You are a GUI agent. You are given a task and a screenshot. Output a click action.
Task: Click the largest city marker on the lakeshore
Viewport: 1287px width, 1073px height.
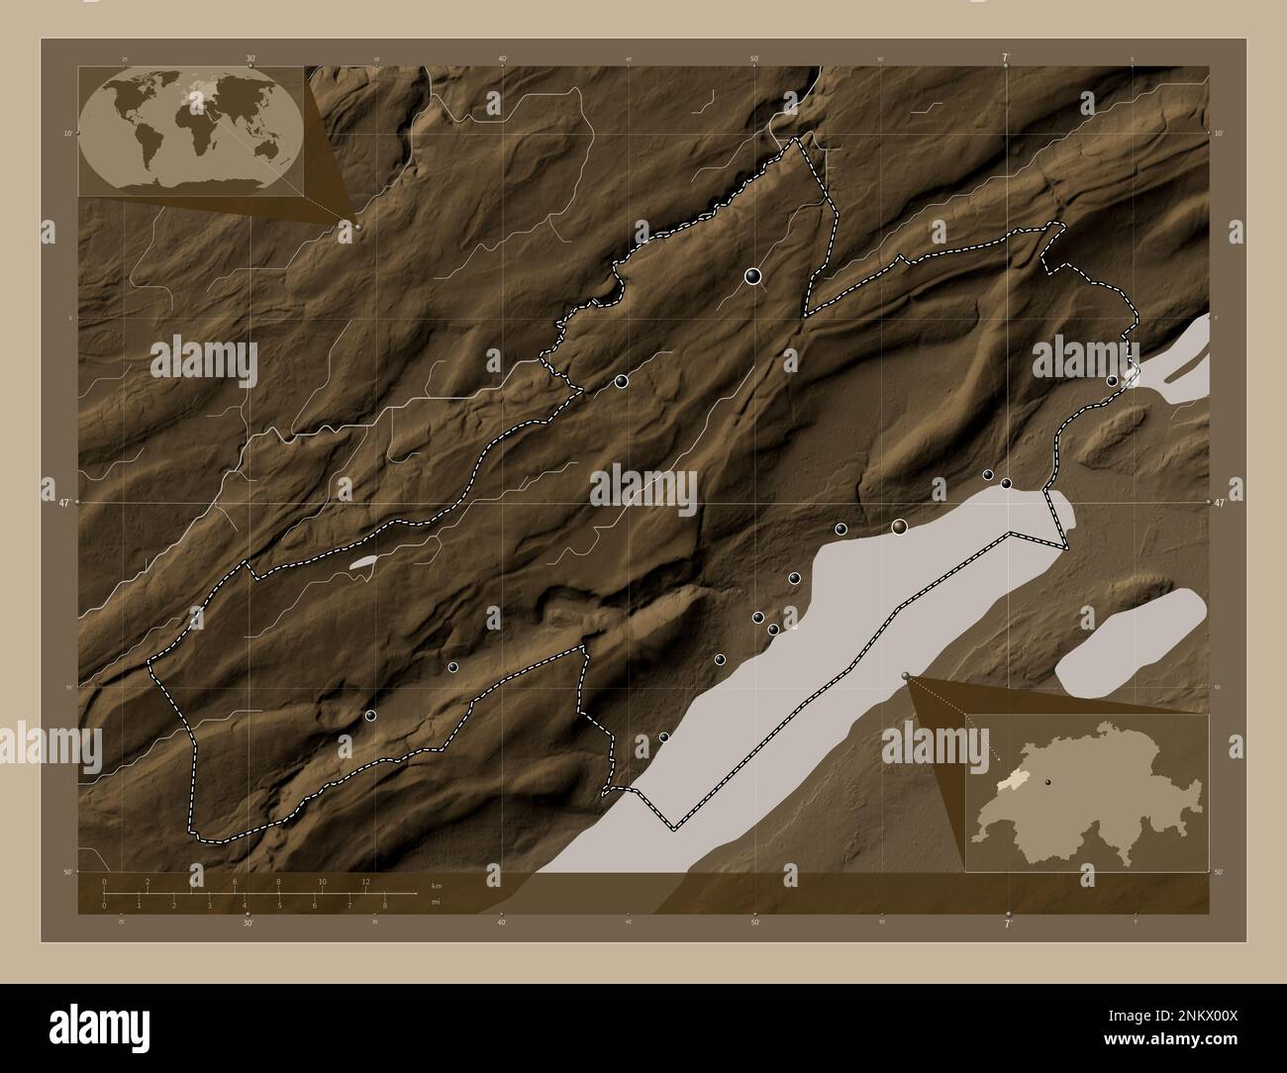tap(899, 527)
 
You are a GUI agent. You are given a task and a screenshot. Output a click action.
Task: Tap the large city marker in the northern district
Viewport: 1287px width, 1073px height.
tap(754, 276)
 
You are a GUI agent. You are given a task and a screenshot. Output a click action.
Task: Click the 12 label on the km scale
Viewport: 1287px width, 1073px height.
tap(366, 881)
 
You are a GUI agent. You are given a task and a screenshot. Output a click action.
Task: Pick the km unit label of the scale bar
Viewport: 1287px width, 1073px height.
tap(437, 884)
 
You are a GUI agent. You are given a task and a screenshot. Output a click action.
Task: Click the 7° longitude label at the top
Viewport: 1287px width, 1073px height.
tap(1007, 59)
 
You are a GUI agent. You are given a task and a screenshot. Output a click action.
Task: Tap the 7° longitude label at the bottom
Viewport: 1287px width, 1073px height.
tap(1007, 924)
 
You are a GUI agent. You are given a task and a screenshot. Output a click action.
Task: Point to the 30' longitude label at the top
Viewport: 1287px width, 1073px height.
tap(250, 59)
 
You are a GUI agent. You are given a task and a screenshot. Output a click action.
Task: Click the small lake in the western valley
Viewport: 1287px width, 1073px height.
tap(363, 562)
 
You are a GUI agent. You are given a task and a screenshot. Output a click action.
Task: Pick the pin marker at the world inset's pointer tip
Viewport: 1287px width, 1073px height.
tap(357, 226)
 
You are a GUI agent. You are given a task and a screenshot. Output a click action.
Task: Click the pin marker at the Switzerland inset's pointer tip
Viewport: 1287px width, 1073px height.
tap(907, 674)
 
